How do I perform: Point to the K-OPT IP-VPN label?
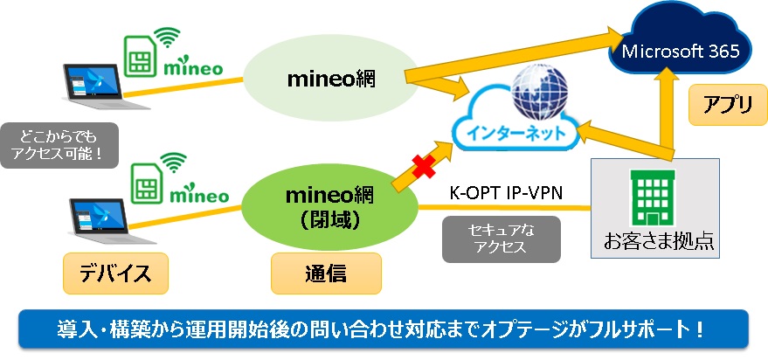pyautogui.click(x=506, y=193)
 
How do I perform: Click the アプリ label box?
pyautogui.click(x=727, y=104)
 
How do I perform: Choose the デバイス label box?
pyautogui.click(x=115, y=273)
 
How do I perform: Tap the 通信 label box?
pyautogui.click(x=326, y=273)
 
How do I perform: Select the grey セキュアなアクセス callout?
pyautogui.click(x=501, y=239)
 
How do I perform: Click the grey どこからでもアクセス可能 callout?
pyautogui.click(x=59, y=145)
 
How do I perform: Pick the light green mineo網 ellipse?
pyautogui.click(x=331, y=78)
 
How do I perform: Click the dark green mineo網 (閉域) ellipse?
pyautogui.click(x=330, y=208)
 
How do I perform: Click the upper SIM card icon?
pyautogui.click(x=140, y=56)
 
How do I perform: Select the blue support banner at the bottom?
pyautogui.click(x=384, y=329)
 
